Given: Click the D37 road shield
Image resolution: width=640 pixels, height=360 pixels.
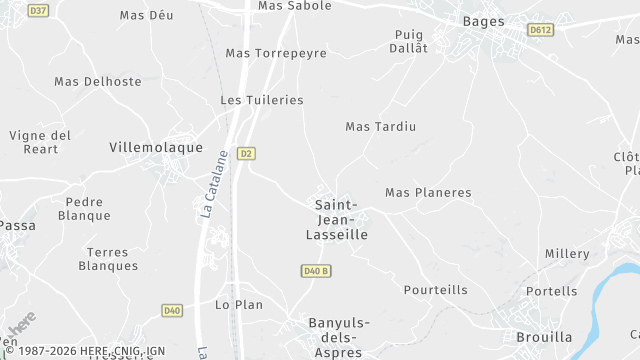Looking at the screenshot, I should click(39, 10).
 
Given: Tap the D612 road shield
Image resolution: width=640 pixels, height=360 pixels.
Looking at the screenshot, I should click(541, 30).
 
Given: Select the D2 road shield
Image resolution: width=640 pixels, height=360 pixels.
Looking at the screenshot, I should click(246, 153).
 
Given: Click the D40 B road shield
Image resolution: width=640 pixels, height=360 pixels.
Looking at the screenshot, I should click(315, 271).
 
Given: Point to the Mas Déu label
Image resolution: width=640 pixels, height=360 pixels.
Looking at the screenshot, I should click(146, 15).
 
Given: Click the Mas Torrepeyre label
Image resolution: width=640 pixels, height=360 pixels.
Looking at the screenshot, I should click(276, 53).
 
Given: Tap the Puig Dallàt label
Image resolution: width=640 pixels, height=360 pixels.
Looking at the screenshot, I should click(410, 41).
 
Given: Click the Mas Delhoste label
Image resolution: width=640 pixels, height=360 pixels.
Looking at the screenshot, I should click(98, 81).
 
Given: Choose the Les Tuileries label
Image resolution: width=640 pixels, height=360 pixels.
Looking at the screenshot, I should click(261, 100).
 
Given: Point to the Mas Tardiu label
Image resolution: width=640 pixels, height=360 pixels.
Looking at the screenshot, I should click(380, 126).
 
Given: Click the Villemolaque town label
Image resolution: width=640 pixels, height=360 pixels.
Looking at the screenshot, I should click(156, 146).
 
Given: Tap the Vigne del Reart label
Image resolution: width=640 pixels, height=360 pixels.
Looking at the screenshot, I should click(40, 142).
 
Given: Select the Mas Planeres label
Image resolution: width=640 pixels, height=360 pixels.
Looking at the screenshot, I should click(428, 192).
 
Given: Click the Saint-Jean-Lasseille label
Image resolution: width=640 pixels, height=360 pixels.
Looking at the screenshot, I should click(336, 219).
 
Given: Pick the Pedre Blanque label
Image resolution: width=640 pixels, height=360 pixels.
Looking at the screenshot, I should click(84, 208).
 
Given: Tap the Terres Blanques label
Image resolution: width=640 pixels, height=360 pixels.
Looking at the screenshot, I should click(108, 259).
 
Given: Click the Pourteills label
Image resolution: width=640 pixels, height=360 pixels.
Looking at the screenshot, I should click(435, 290).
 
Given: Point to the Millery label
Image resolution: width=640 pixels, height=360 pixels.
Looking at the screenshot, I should click(567, 254).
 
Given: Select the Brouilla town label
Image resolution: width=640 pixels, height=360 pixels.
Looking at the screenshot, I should click(544, 337).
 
